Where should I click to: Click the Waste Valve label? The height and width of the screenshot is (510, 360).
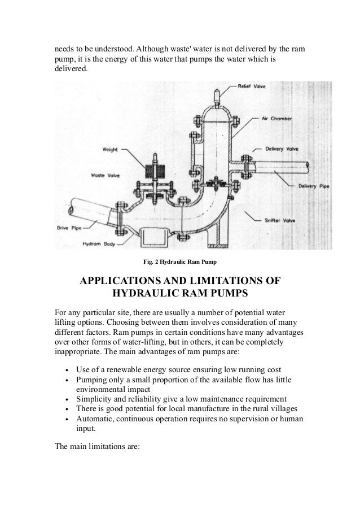tap(104, 175)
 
